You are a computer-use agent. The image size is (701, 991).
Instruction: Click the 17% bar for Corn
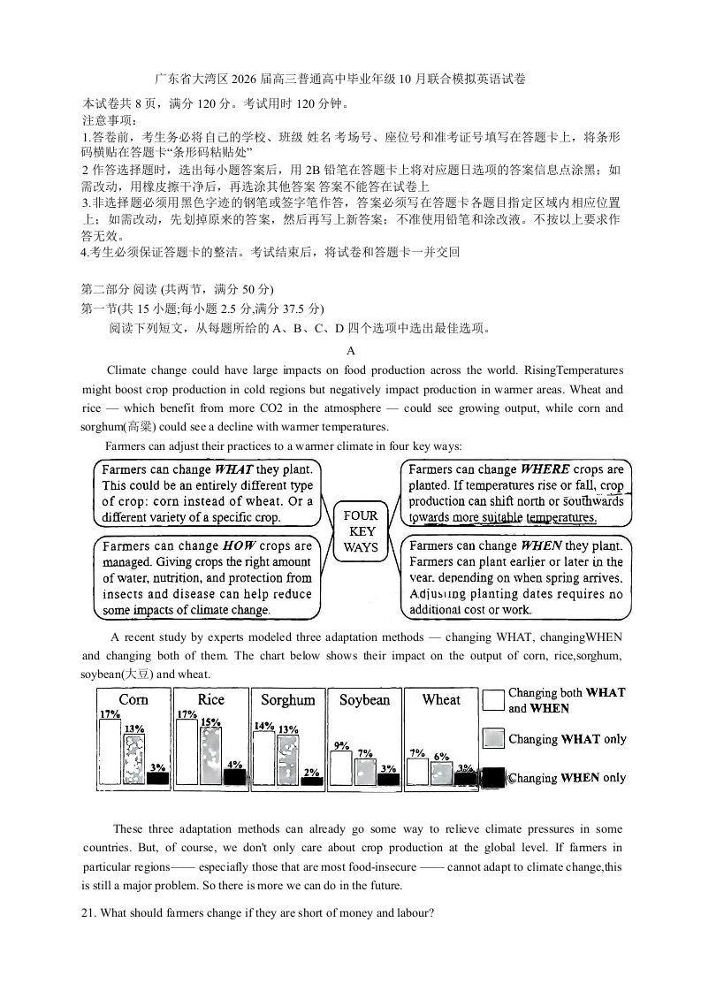coord(110,752)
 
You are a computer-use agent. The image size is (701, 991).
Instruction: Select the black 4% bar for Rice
coord(234,777)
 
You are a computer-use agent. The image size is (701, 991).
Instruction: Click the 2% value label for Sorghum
coord(311,772)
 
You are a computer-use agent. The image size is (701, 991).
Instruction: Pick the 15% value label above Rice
coord(210,722)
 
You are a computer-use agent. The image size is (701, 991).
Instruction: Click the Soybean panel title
coord(364,700)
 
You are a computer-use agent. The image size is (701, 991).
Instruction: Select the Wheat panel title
coord(441,700)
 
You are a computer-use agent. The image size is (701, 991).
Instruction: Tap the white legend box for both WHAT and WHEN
coord(493,701)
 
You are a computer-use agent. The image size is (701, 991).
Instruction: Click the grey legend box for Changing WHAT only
coord(493,739)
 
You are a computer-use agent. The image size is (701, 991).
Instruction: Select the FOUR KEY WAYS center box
coord(360,531)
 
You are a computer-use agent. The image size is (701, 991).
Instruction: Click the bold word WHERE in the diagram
coord(545,469)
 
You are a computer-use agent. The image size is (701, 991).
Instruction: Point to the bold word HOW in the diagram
coord(239,546)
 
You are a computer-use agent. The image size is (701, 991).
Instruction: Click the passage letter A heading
coord(351,350)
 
